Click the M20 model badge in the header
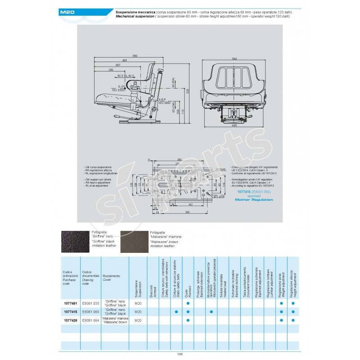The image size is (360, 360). pyautogui.click(x=71, y=13)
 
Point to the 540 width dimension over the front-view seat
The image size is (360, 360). pyautogui.click(x=234, y=59)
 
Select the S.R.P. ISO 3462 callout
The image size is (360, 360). pyautogui.click(x=163, y=101)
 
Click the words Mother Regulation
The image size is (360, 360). pyautogui.click(x=255, y=199)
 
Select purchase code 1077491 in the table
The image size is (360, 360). pyautogui.click(x=70, y=303)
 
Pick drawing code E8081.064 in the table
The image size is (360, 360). pyautogui.click(x=91, y=320)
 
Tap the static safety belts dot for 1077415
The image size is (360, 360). pyautogui.click(x=176, y=311)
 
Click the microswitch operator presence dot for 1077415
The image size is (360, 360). pyautogui.click(x=211, y=311)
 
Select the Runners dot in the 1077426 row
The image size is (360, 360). pyautogui.click(x=188, y=320)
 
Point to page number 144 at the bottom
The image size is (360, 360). pyautogui.click(x=180, y=354)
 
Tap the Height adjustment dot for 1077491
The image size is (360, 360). pyautogui.click(x=293, y=303)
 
